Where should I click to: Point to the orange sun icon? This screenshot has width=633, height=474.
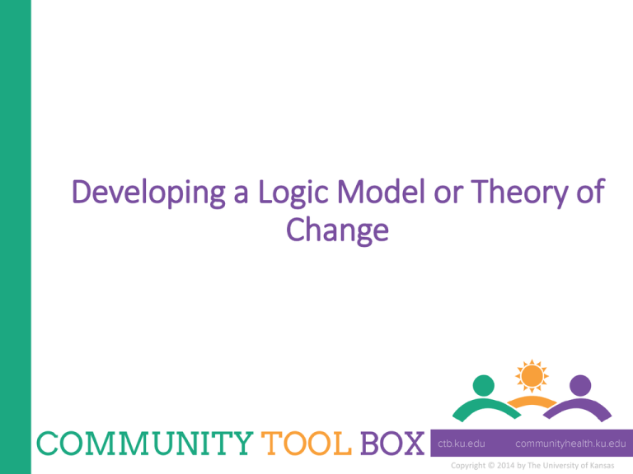531,377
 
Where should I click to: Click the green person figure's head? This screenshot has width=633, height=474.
484,385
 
